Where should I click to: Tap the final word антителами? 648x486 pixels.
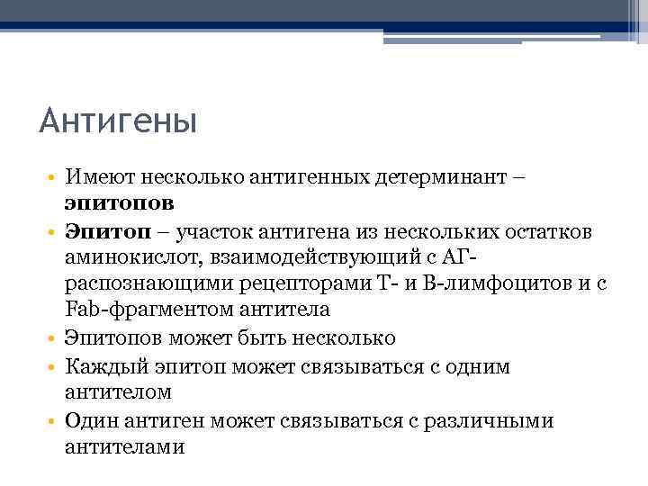click(x=124, y=446)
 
